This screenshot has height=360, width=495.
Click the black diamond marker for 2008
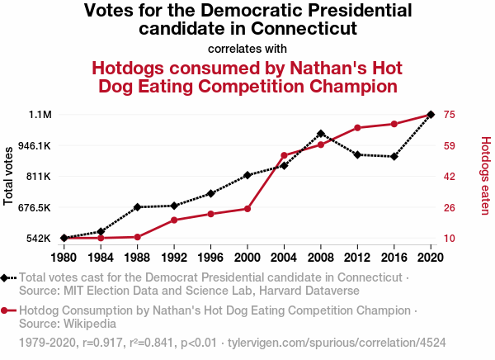321,133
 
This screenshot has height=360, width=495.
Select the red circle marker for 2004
284,155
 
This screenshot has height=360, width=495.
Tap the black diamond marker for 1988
137,206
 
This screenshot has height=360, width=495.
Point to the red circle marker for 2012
357,128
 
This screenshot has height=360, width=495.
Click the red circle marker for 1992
174,220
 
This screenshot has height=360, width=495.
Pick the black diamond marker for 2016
394,156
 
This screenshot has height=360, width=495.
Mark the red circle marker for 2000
247,209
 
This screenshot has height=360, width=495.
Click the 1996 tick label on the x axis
210,257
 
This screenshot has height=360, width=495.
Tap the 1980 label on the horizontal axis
64,257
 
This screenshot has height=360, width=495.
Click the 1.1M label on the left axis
40,115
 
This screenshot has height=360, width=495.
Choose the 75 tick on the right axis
450,115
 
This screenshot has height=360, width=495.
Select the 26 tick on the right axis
450,207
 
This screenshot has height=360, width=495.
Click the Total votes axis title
10,176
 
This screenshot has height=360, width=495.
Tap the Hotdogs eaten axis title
485,176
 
